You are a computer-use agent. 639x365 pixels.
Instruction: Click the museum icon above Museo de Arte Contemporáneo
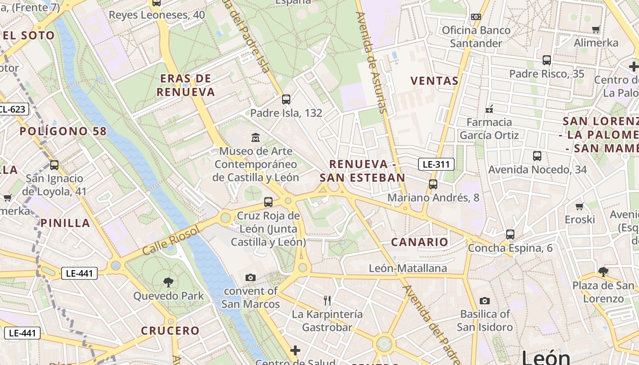256,137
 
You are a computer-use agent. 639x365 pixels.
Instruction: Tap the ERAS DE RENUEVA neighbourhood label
185,85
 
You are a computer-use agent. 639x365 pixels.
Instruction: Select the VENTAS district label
434,81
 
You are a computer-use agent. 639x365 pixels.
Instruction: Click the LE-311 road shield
436,164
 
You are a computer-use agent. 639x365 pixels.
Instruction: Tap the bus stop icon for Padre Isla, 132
286,99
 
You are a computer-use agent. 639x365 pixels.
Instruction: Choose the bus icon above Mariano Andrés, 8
433,184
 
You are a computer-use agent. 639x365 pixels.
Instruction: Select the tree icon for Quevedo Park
168,282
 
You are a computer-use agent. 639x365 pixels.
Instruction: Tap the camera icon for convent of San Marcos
250,277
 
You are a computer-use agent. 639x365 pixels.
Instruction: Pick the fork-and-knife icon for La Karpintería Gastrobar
327,300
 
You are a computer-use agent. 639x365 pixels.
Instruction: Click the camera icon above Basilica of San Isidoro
484,301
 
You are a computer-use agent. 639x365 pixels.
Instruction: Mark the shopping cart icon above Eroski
580,206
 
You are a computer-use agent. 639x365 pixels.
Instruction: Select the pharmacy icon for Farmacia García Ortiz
489,109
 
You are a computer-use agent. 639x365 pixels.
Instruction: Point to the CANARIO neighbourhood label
419,242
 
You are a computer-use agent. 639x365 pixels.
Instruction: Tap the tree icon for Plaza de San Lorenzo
603,272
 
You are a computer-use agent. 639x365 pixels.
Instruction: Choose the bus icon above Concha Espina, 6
510,235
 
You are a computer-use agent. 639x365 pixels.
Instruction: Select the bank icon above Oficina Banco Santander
476,17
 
